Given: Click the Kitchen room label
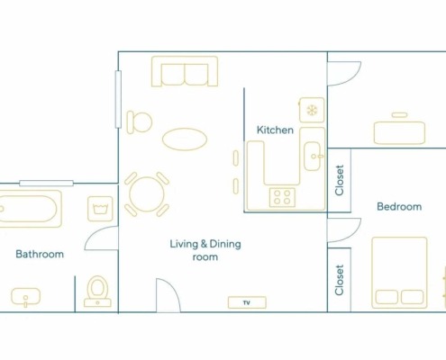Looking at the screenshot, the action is coord(275,130).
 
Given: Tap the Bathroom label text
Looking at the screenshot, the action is coord(40,254).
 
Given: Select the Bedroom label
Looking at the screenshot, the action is coord(399,206).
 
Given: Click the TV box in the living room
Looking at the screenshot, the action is coord(247,302).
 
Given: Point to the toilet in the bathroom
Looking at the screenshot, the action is coord(97,292).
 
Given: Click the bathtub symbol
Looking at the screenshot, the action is coord(31,209).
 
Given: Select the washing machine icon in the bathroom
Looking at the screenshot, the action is coord(100,209).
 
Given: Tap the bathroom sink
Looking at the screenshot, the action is coord(26,297).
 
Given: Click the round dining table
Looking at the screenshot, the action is coord(147,194).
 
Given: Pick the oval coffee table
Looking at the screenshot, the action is coord(185,139).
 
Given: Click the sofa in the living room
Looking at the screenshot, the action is coord(185,71).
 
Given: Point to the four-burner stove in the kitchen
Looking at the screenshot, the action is coord(282,197).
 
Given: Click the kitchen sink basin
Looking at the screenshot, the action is coord(313,156).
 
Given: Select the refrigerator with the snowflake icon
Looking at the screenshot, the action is coord(312,110).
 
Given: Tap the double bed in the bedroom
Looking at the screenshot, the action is coord(399,273).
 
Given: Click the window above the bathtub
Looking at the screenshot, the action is coord(46,183).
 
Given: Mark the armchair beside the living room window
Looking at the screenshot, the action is coord(139,122).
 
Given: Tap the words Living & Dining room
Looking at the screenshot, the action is coord(205,250).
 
